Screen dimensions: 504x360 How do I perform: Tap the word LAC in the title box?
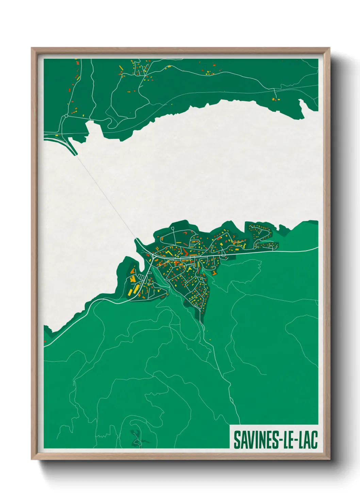point(308,440)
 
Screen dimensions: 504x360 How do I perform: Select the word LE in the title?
point(287,440)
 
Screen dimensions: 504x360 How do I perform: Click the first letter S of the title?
point(236,440)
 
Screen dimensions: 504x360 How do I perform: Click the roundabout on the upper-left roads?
point(66,116)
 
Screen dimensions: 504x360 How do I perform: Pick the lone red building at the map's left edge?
point(45,341)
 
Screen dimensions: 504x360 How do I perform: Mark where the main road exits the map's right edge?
point(317,249)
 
